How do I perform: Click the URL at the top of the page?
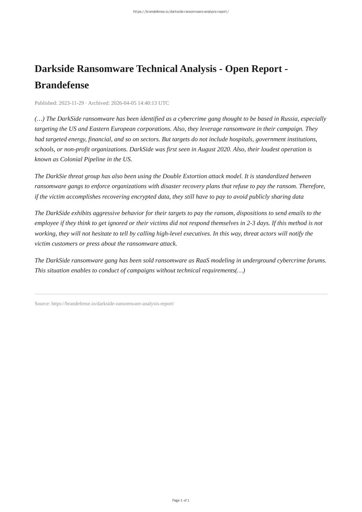click(x=181, y=12)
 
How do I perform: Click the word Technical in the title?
click(x=157, y=69)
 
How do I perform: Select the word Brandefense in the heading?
click(x=62, y=85)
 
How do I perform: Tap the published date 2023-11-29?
click(x=71, y=103)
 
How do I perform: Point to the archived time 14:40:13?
click(x=147, y=103)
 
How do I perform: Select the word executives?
click(x=197, y=234)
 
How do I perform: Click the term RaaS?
click(x=202, y=261)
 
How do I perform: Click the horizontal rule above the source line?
click(x=181, y=294)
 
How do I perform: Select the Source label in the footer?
click(x=42, y=304)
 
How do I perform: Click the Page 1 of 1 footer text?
click(x=181, y=500)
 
